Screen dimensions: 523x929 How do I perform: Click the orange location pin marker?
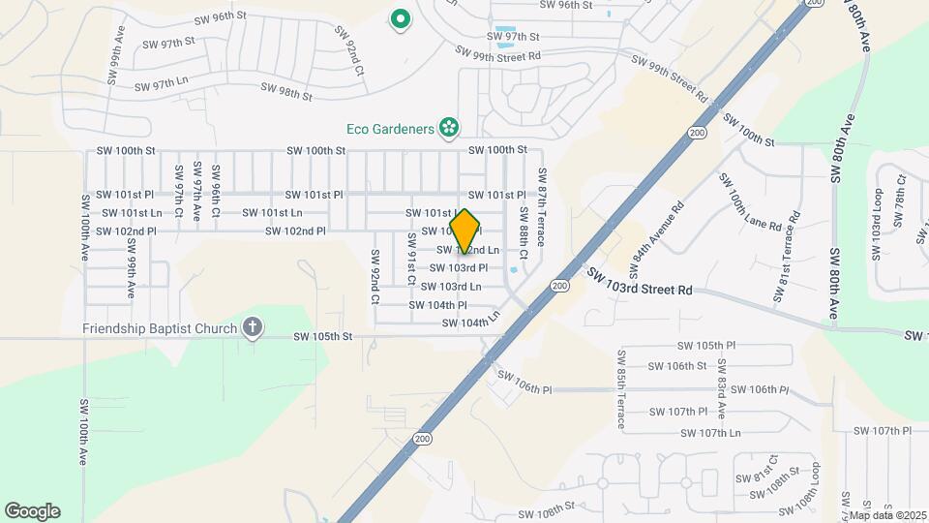pyautogui.click(x=465, y=231)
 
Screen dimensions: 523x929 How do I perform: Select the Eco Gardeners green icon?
pyautogui.click(x=448, y=127)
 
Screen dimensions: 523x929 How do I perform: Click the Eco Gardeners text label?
pyautogui.click(x=390, y=129)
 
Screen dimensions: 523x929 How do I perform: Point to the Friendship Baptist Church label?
pyautogui.click(x=160, y=327)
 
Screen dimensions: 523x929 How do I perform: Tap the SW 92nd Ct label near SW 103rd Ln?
pyautogui.click(x=375, y=278)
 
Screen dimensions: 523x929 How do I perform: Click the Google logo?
pyautogui.click(x=32, y=511)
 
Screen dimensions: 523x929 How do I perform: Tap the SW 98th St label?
pyautogui.click(x=286, y=91)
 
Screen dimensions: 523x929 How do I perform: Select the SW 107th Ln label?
pyautogui.click(x=710, y=433)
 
